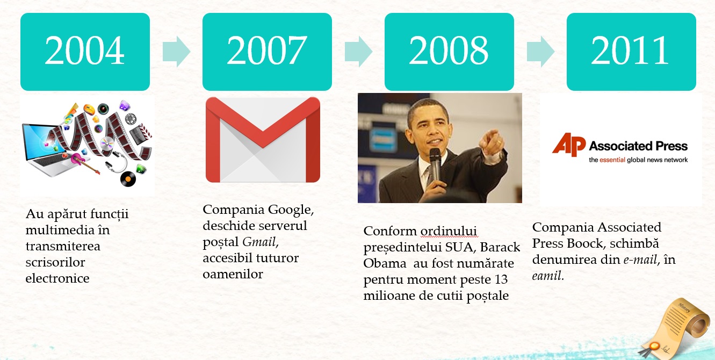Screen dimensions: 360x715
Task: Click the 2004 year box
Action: pos(85,52)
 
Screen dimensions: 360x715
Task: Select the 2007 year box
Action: pos(267,52)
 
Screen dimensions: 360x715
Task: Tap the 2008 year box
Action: pos(449,52)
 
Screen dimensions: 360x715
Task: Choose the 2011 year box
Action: pos(631,52)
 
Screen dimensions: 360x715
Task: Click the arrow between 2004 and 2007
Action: pos(176,52)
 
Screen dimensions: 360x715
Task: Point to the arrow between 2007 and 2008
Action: pos(358,52)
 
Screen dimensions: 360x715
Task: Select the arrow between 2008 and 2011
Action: pos(540,52)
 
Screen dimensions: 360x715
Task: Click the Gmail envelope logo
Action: pos(263,140)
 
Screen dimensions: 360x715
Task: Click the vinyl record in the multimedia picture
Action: pos(128,178)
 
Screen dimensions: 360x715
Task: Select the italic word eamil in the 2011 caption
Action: pos(546,276)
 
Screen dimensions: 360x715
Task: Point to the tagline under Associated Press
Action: pos(638,160)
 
